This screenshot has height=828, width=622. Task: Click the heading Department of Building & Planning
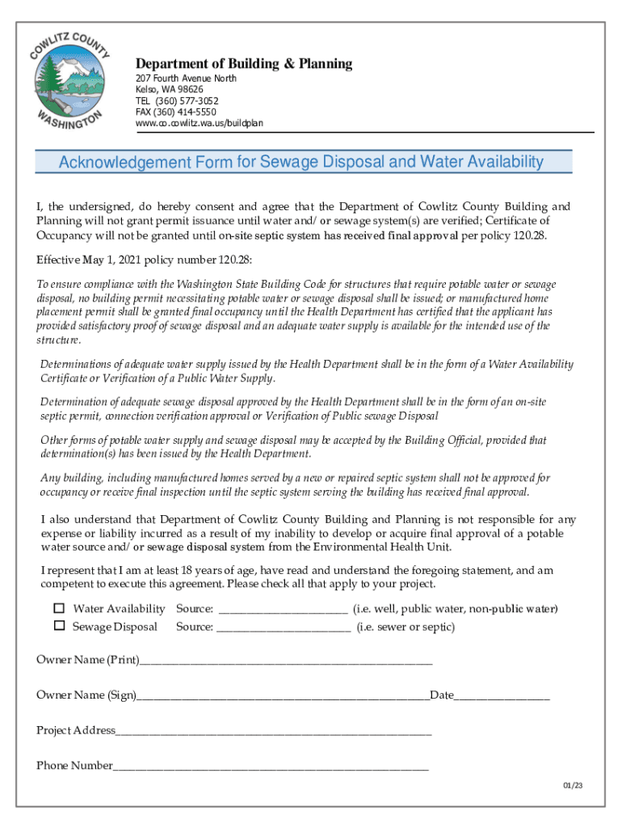[x=243, y=64]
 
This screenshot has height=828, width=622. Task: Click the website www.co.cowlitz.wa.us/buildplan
[x=199, y=124]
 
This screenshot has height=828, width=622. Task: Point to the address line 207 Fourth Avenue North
[x=186, y=78]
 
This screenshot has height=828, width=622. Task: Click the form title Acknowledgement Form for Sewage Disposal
[x=301, y=163]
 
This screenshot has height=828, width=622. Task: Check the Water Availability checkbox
[x=59, y=608]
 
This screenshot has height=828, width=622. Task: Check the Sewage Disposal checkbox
[x=59, y=626]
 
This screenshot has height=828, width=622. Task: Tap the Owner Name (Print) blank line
[x=285, y=662]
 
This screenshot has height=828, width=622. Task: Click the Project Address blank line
[x=274, y=733]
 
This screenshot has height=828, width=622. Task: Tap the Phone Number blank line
[x=271, y=767]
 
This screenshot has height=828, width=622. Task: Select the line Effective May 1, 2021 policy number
[x=138, y=260]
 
